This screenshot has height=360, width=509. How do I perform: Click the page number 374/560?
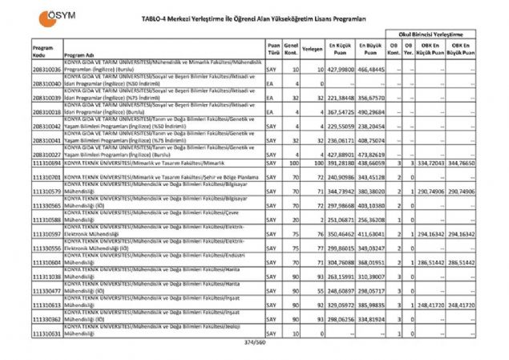click(252, 343)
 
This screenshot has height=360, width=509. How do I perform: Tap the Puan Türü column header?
click(273, 51)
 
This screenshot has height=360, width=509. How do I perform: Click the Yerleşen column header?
click(313, 49)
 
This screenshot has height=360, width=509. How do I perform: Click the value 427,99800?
click(340, 70)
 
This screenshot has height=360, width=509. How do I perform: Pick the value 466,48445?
click(371, 70)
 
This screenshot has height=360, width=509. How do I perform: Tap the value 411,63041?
click(371, 233)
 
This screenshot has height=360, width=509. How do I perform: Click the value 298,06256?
click(340, 318)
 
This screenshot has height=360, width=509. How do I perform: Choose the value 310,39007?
click(371, 276)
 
